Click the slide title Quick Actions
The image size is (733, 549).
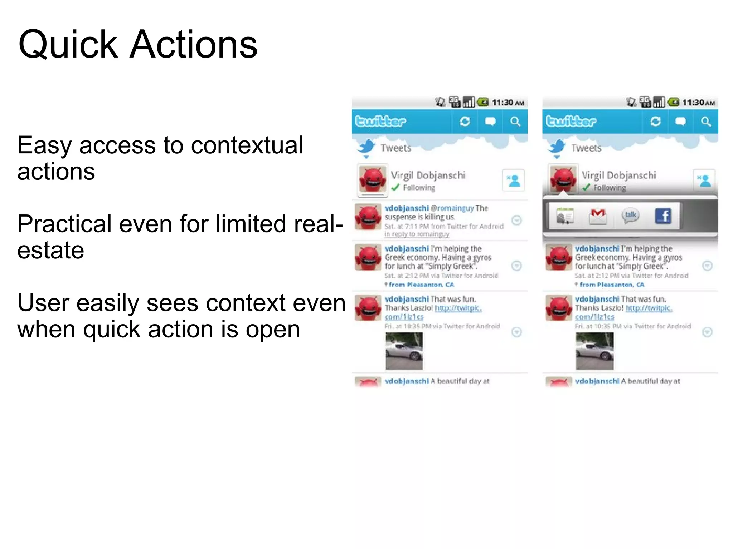pos(138,45)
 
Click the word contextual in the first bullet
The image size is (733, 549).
pos(247,145)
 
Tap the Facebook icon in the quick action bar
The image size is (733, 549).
pos(662,216)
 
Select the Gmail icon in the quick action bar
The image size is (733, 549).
pos(598,216)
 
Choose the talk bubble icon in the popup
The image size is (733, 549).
pos(630,216)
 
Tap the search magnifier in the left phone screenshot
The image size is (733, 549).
pos(515,122)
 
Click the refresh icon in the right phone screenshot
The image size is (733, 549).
pos(655,122)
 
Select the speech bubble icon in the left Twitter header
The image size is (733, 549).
pos(490,122)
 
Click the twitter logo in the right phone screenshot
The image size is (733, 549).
pos(571,122)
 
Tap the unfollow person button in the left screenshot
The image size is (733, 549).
pos(514,180)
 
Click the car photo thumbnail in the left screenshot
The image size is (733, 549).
pos(404,351)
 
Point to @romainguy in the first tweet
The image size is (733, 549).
pos(452,208)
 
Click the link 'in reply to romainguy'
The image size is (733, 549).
pos(417,234)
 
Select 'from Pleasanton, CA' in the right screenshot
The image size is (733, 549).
pos(612,285)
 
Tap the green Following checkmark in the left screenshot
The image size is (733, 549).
pos(395,187)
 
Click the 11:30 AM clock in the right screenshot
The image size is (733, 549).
pos(698,103)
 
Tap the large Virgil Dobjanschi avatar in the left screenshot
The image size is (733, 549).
pos(373,180)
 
